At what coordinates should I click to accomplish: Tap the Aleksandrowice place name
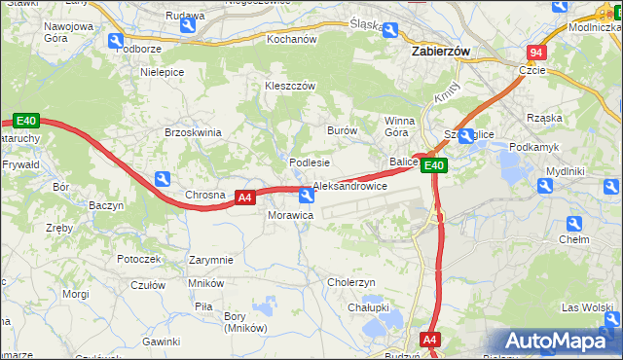pos(350,185)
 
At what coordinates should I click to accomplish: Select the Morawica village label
pos(289,215)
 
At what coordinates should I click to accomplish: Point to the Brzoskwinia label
pos(194,132)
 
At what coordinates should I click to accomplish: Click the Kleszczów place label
pos(291,86)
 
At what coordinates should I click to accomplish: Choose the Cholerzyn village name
pos(351,282)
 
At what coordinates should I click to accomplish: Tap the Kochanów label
pos(292,40)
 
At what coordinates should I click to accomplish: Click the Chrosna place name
pos(205,195)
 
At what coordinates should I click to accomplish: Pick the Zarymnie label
pos(211,260)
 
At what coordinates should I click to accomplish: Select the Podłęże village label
pos(311,162)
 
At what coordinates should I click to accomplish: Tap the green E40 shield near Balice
pos(435,166)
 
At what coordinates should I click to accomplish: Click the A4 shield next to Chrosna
pos(246,197)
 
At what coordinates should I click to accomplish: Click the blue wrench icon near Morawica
pos(307,197)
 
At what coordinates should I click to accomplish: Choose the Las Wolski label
pos(586,307)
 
